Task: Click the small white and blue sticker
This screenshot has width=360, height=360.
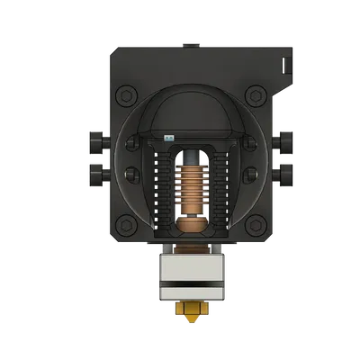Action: (168, 138)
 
